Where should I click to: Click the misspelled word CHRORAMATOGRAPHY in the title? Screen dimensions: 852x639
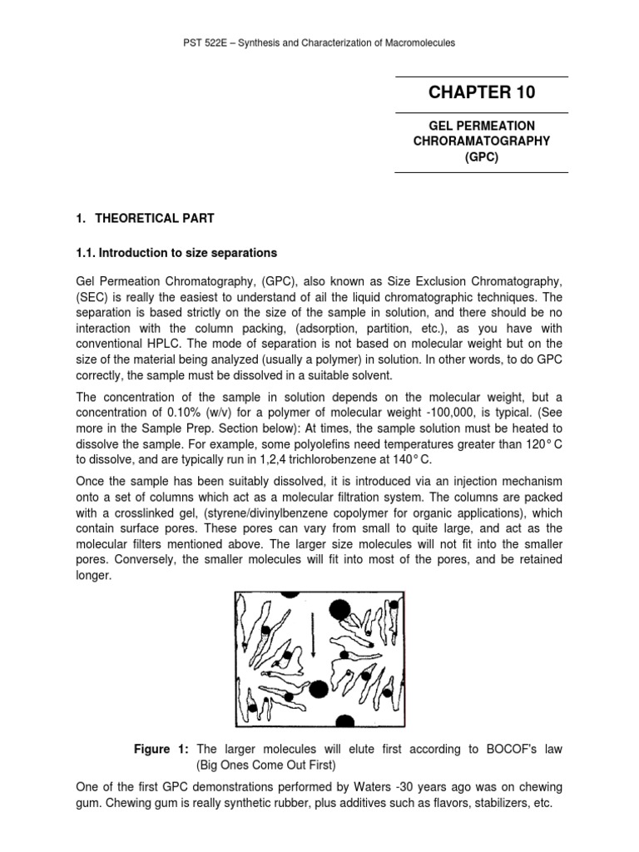(x=481, y=141)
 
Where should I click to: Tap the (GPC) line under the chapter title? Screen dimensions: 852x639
(x=481, y=156)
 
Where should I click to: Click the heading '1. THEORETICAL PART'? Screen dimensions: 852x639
(x=145, y=219)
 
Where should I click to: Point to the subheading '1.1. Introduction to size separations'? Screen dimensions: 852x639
(x=176, y=252)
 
